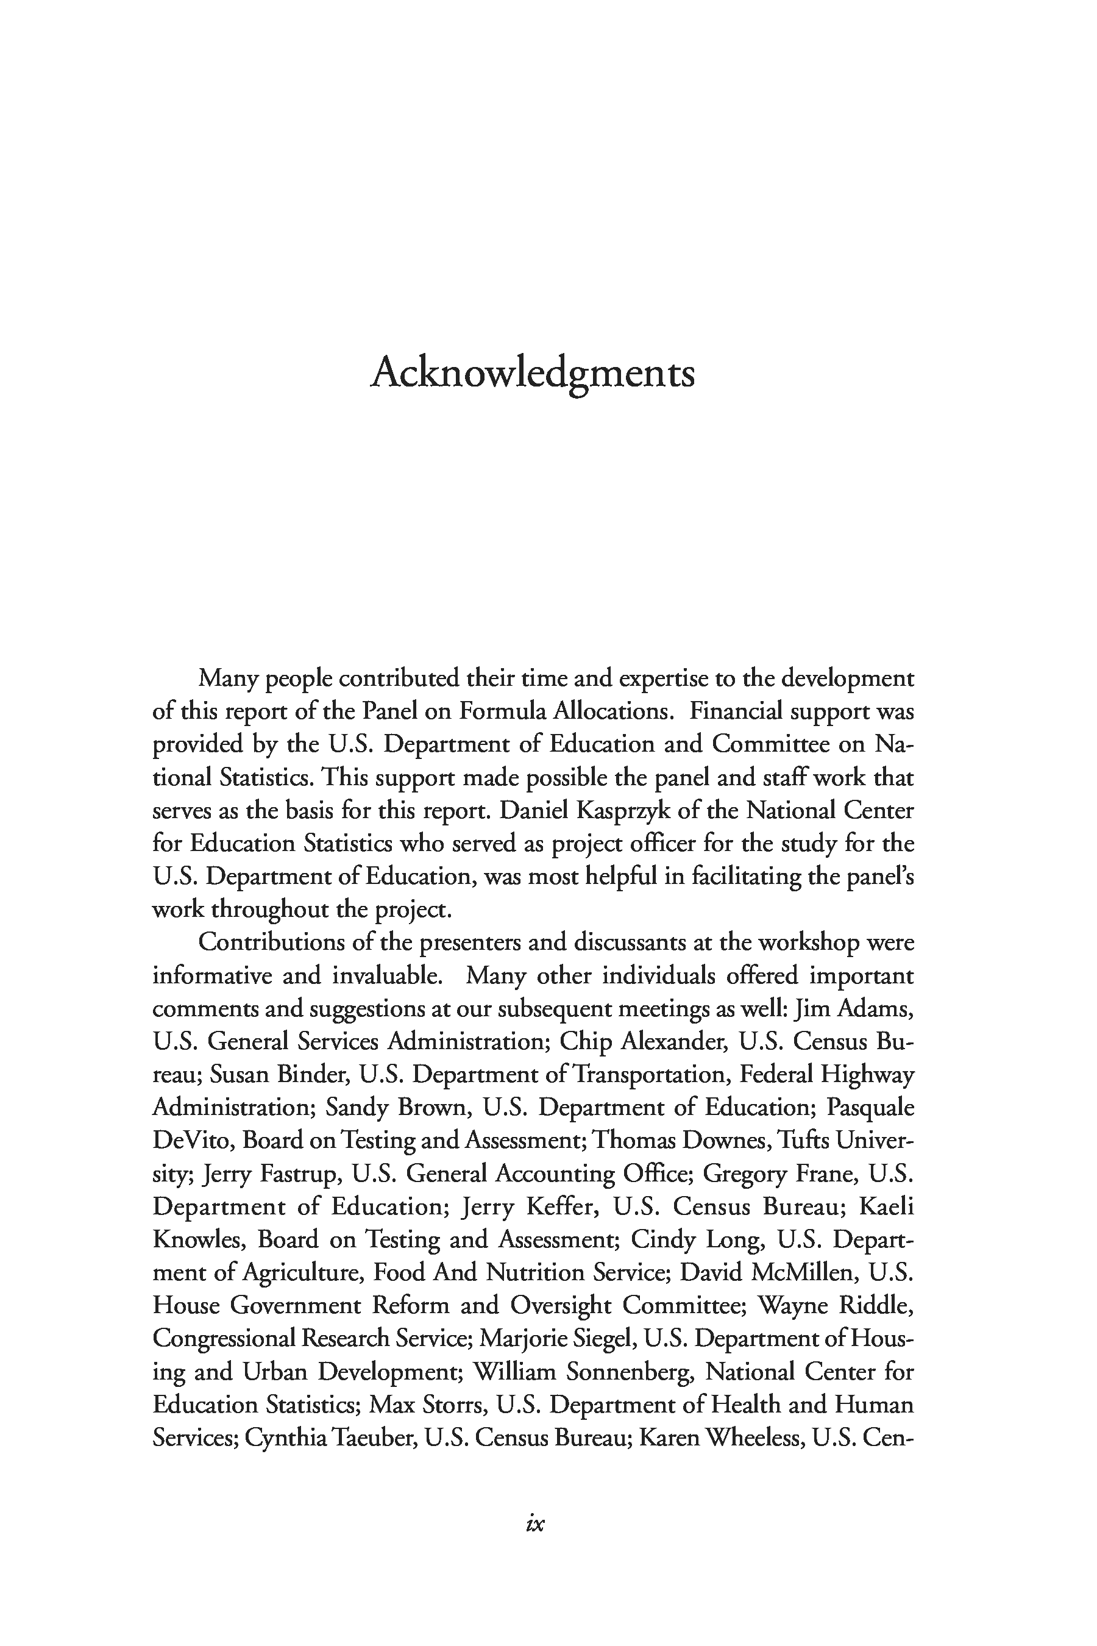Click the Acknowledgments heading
(533, 372)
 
